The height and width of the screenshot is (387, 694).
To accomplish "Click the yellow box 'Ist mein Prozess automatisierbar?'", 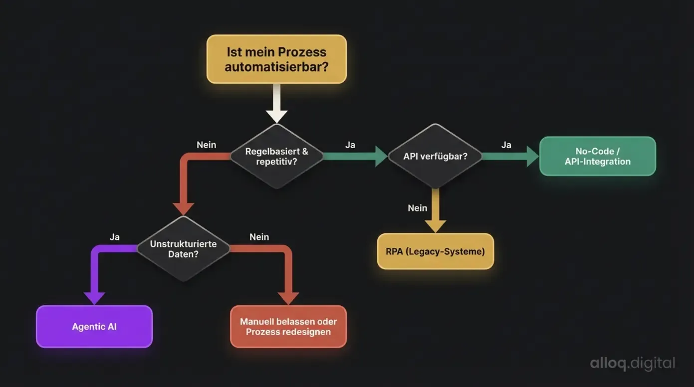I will click(276, 59).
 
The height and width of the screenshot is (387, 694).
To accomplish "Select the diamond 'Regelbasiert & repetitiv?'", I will click(276, 156).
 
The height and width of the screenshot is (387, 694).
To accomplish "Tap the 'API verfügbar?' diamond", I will click(435, 156).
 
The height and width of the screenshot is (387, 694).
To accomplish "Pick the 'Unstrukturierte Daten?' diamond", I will click(183, 249).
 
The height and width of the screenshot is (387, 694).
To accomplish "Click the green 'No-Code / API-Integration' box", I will click(597, 156).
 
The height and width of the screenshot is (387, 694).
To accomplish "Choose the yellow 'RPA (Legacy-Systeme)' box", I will click(435, 251).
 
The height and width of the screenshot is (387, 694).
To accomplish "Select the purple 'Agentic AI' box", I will click(94, 327).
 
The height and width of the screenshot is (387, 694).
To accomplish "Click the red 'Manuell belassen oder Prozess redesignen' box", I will click(288, 327).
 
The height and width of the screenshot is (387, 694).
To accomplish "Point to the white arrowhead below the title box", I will click(276, 116).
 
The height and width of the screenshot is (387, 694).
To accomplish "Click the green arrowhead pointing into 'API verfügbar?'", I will click(381, 156).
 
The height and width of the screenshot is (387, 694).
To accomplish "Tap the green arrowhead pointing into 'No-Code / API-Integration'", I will click(532, 156).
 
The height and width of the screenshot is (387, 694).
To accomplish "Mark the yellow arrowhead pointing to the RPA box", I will click(435, 226).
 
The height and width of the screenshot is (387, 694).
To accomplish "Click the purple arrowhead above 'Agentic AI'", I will click(94, 298).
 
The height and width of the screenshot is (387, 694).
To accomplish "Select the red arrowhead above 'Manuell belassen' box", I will click(288, 298).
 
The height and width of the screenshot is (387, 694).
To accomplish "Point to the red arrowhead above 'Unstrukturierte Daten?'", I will click(183, 208).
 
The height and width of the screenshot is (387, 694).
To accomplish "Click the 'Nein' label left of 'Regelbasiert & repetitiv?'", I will click(206, 145).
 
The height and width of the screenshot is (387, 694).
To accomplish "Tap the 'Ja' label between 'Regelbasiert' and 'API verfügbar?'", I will click(350, 145).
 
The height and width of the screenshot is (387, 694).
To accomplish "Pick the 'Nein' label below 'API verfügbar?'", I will click(417, 208).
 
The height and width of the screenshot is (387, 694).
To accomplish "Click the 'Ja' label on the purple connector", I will click(114, 237).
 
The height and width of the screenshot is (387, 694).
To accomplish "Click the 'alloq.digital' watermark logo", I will click(632, 363).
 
